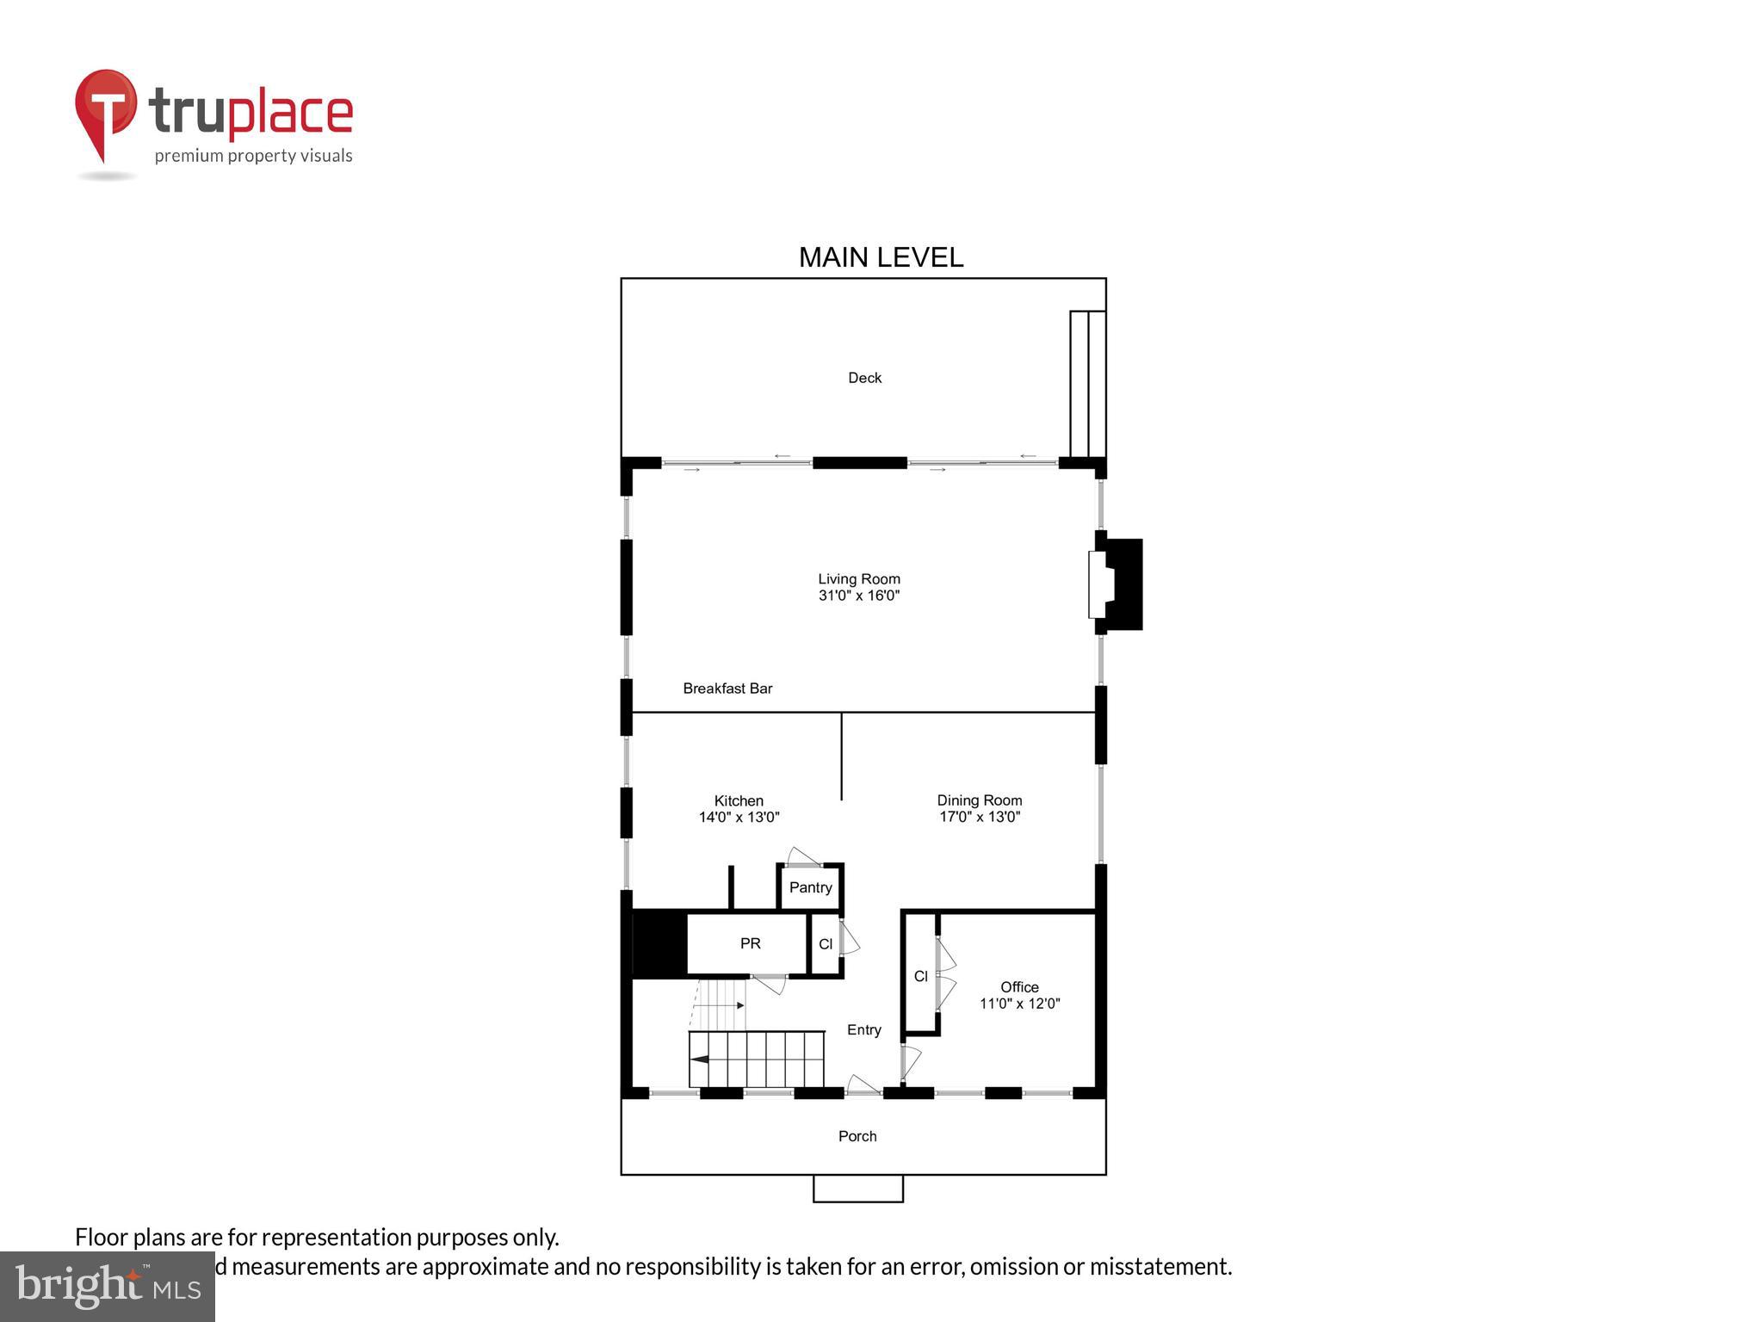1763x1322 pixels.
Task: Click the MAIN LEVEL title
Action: (x=881, y=257)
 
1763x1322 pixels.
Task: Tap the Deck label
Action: (x=864, y=378)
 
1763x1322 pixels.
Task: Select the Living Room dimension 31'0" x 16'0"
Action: (x=858, y=596)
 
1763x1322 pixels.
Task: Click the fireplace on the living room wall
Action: (x=1117, y=584)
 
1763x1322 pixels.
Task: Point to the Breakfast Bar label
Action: (x=727, y=689)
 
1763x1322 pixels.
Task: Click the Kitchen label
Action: (x=739, y=800)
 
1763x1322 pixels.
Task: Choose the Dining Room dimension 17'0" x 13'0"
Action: (x=979, y=817)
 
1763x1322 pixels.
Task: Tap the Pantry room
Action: (x=810, y=887)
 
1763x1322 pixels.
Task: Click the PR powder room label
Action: (x=750, y=944)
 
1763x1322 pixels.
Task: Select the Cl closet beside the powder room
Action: (x=826, y=944)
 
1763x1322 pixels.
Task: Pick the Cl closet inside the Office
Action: (x=920, y=976)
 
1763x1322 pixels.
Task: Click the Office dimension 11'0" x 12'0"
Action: (x=1019, y=1004)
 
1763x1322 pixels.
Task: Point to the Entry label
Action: (x=863, y=1030)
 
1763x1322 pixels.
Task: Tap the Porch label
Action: (x=857, y=1136)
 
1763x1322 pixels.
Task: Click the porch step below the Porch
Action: (x=857, y=1189)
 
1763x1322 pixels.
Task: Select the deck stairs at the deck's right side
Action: (x=1087, y=384)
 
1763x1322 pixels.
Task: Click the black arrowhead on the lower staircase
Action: (x=700, y=1059)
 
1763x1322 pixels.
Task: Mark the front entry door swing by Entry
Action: (x=863, y=1085)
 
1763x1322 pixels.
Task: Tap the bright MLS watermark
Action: (x=108, y=1287)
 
